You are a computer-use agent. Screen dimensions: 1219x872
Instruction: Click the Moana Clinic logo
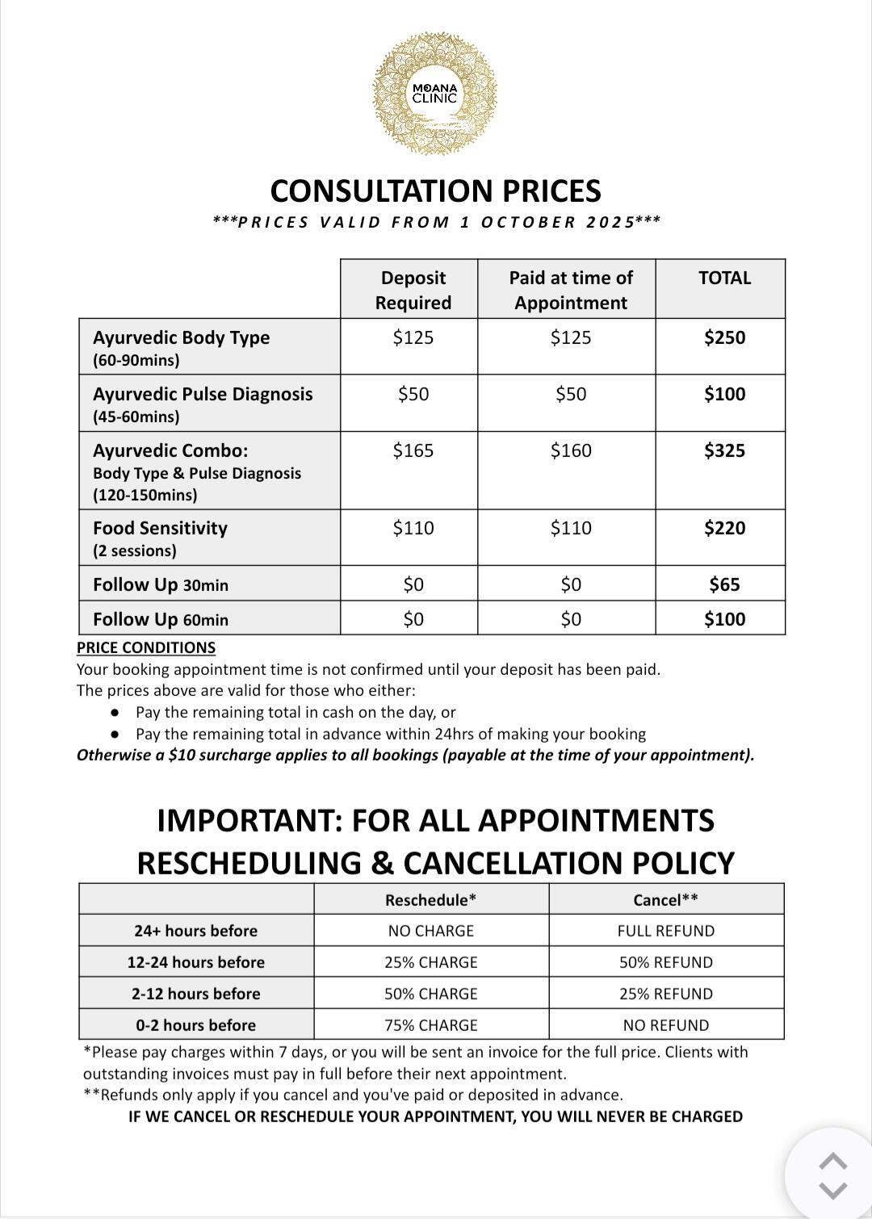(x=434, y=94)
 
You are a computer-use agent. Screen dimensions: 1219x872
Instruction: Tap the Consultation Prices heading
(x=435, y=191)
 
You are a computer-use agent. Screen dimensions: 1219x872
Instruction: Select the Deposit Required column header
(x=413, y=290)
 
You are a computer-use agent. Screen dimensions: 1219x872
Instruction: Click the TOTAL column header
(x=724, y=279)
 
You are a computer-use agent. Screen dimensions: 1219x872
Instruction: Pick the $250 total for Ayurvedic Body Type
(x=724, y=337)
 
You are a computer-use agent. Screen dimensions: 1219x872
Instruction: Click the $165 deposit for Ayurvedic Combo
(x=413, y=450)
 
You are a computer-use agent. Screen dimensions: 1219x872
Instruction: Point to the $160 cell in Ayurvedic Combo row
(x=571, y=450)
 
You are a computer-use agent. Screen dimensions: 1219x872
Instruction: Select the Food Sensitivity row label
(x=160, y=529)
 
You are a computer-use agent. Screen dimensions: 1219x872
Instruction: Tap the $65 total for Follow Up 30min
(x=724, y=584)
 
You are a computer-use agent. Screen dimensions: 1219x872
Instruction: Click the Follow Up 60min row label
(x=161, y=619)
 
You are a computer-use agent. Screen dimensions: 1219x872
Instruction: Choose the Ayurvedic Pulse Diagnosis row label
(x=203, y=395)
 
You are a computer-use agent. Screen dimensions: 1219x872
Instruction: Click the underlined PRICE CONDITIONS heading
(x=146, y=647)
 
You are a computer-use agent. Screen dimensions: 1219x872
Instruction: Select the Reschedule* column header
(x=430, y=900)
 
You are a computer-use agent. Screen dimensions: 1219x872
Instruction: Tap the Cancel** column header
(x=665, y=900)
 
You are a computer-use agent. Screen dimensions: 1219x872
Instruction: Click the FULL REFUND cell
(x=665, y=931)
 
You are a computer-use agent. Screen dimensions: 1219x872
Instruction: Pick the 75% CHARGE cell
(x=430, y=1025)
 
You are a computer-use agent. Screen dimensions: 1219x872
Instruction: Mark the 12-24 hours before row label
(x=195, y=962)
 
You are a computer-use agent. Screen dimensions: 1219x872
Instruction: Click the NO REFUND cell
(x=665, y=1025)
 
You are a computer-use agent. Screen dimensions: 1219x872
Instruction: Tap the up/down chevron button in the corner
(x=832, y=1175)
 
